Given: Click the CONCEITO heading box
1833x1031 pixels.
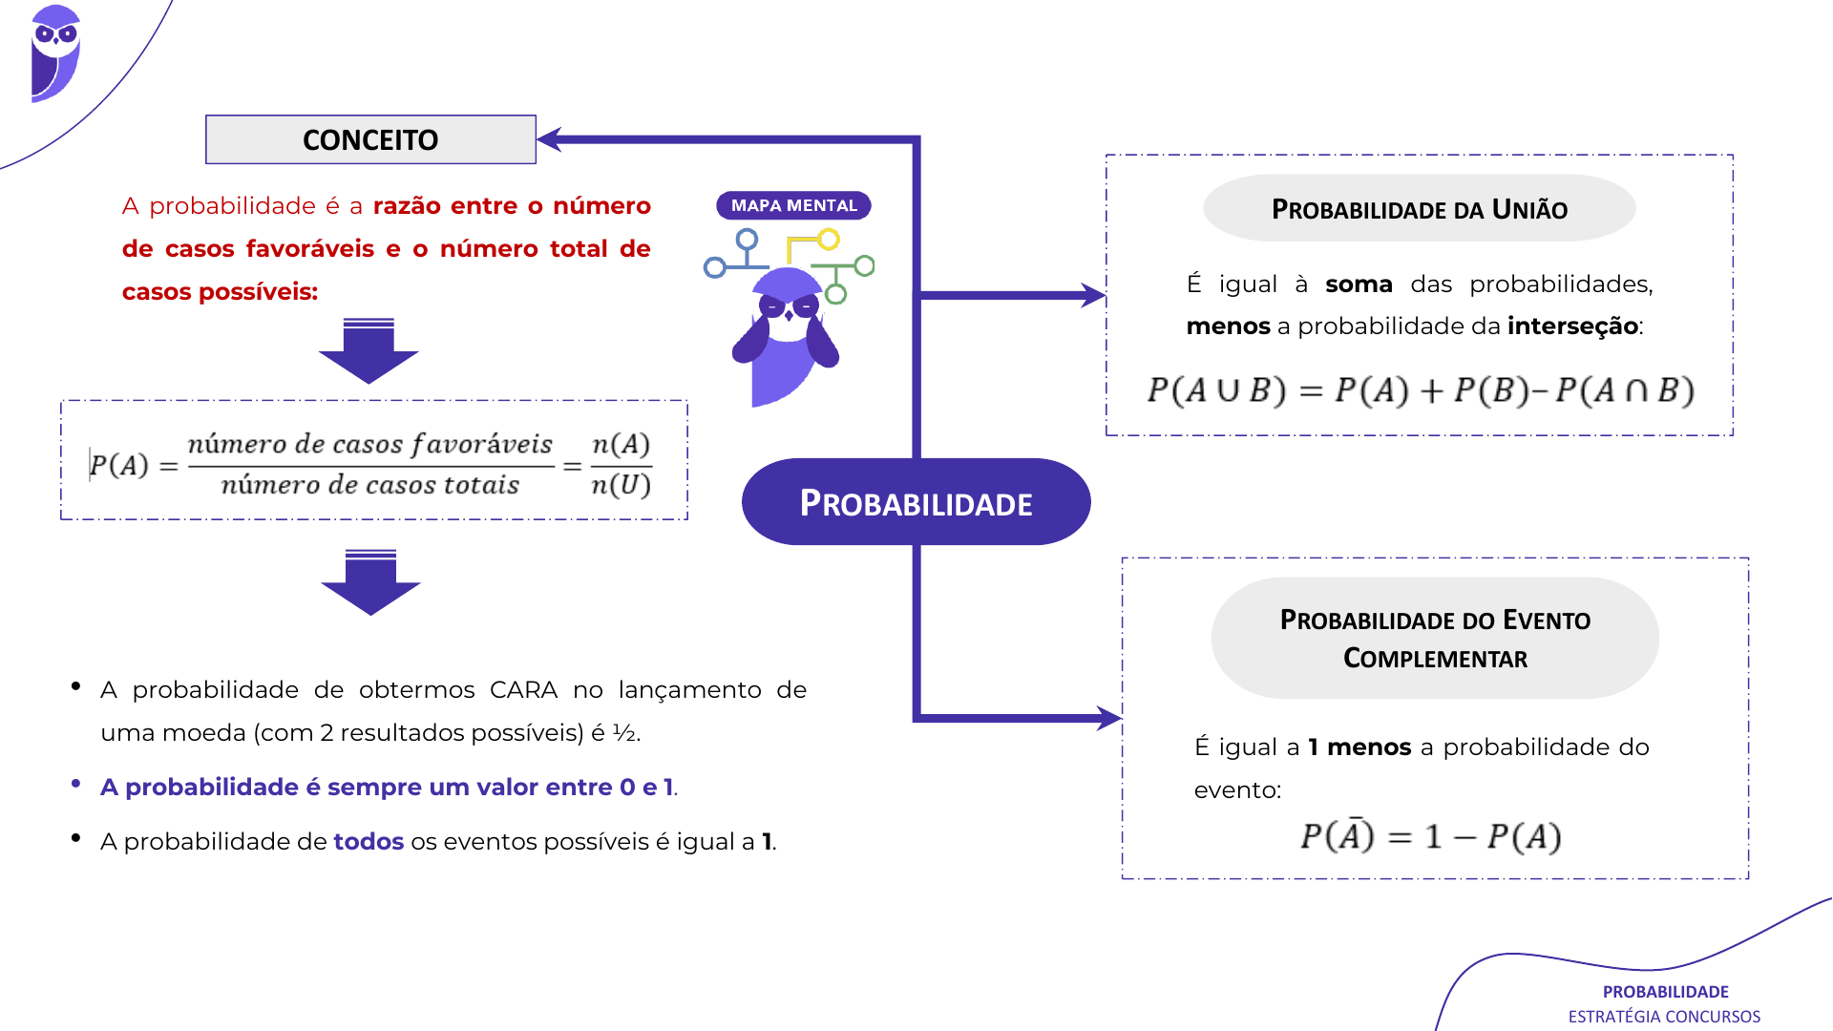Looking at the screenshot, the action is (370, 139).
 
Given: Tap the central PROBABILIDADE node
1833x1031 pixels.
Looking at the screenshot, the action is (916, 502).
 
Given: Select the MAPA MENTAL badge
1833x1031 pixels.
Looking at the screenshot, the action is (793, 205).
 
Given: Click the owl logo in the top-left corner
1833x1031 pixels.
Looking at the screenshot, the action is (55, 53).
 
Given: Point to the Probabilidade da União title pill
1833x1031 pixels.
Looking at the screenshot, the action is (1419, 208).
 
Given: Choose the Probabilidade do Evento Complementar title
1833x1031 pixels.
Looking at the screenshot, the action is (1435, 638).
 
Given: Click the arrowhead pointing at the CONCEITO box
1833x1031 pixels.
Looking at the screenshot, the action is (550, 139).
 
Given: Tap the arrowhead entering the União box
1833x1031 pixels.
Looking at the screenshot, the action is (1093, 295).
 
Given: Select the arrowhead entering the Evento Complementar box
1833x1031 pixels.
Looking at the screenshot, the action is (1109, 718).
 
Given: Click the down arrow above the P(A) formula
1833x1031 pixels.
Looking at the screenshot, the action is (369, 350).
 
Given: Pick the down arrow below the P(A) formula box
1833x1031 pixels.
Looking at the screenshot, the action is (370, 582).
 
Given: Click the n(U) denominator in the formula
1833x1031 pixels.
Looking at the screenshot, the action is (621, 485).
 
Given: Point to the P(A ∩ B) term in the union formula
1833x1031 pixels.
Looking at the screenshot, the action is (1625, 390).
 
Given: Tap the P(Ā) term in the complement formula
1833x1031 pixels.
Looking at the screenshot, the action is (1337, 835).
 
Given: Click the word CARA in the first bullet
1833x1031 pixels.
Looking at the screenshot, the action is (523, 690).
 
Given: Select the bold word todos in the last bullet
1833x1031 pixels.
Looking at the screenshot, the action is (369, 841).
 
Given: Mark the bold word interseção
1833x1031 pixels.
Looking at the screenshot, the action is (1572, 326).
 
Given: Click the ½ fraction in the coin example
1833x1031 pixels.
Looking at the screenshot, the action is (623, 733).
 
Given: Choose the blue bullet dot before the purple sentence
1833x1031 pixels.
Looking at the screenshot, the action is (75, 784).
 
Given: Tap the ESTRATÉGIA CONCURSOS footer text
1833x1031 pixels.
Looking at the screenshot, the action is (1664, 1017).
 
